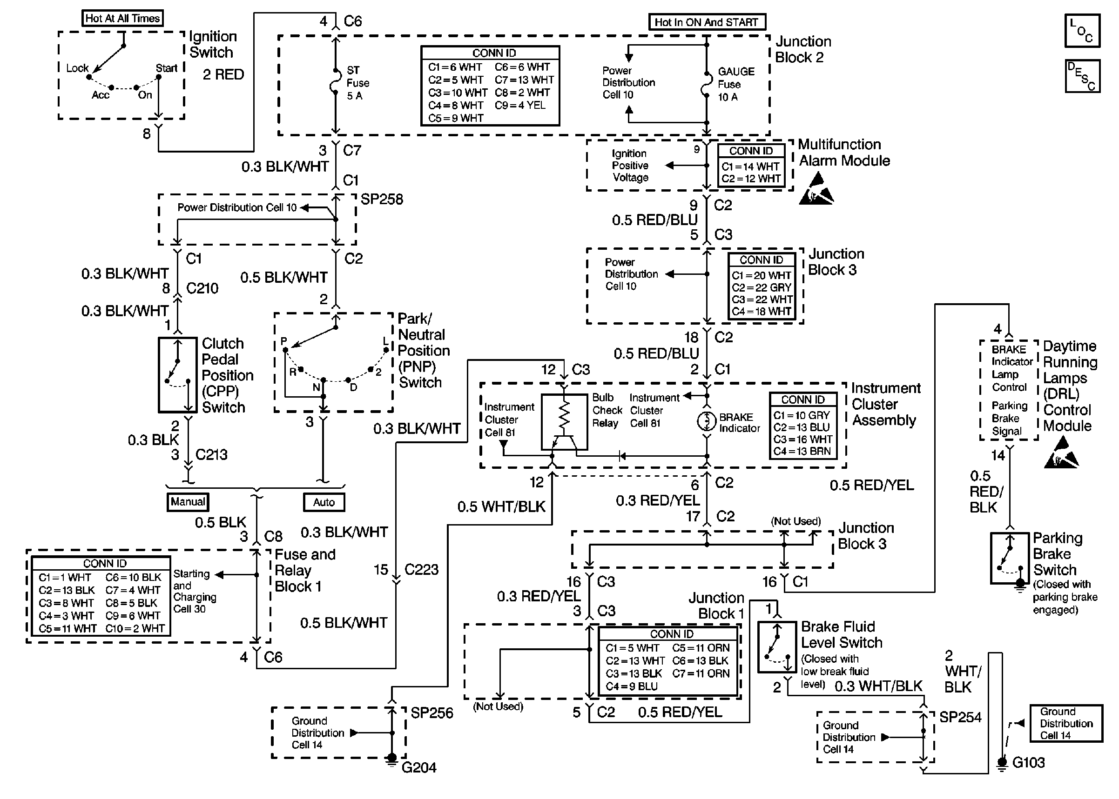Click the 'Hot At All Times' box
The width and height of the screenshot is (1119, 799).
click(x=122, y=19)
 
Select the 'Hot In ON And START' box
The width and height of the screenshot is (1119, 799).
click(x=707, y=22)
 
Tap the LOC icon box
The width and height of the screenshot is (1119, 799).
click(x=1082, y=31)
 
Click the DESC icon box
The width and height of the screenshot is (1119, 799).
click(x=1082, y=76)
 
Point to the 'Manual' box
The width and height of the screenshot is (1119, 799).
click(x=188, y=502)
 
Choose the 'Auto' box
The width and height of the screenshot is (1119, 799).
click(x=324, y=502)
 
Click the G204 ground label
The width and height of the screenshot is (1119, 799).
click(x=419, y=767)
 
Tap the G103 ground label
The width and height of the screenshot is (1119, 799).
click(x=1028, y=762)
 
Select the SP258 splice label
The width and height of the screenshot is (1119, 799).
click(x=382, y=199)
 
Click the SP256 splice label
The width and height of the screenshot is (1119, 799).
click(x=432, y=713)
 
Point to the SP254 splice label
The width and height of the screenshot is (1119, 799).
click(x=960, y=717)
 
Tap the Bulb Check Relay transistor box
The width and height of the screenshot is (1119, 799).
click(x=564, y=422)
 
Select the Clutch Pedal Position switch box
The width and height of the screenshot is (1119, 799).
click(x=178, y=375)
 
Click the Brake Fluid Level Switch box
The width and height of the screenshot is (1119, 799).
click(x=777, y=647)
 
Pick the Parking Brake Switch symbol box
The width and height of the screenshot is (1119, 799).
click(x=1010, y=558)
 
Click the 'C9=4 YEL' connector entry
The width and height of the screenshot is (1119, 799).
click(x=520, y=105)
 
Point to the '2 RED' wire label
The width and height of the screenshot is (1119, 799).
click(x=223, y=75)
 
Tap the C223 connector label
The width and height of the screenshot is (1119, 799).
click(x=421, y=569)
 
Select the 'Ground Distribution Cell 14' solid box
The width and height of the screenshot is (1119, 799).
click(x=1066, y=723)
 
